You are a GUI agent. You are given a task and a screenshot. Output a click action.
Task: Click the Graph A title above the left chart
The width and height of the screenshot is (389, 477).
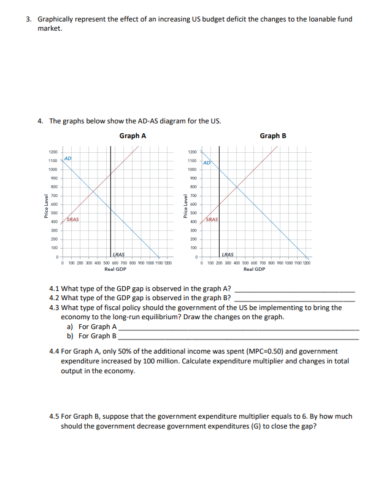[x=133, y=136]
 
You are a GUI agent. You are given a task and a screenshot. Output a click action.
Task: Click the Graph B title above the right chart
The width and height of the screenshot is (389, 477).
[x=273, y=136]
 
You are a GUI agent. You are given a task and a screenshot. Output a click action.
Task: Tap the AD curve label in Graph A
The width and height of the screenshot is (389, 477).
[x=69, y=158]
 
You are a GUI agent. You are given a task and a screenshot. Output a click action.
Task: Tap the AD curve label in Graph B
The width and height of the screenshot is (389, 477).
[x=207, y=163]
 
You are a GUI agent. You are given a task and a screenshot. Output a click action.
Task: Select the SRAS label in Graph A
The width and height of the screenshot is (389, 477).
[x=72, y=219]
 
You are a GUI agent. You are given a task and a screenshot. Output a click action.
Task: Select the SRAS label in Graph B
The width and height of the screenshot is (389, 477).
[x=212, y=219]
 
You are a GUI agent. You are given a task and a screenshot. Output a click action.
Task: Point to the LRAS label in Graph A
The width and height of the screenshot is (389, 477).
[x=119, y=254]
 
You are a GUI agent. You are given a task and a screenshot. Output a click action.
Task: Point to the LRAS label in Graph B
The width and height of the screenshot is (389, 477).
[x=227, y=254]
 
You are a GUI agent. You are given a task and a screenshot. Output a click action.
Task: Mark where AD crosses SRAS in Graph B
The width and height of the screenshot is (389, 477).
[x=237, y=188]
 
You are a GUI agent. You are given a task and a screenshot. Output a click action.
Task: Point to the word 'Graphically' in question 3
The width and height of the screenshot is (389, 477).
[x=55, y=19]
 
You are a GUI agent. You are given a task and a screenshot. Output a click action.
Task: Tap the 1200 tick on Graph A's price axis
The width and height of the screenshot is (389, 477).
[x=53, y=152]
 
